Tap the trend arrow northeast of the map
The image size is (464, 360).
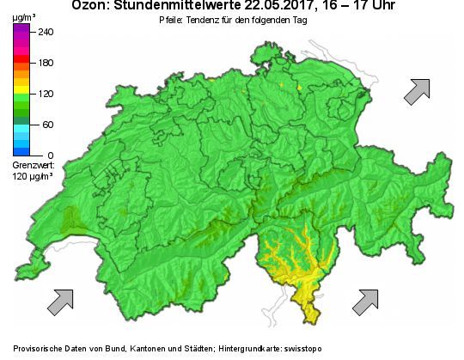click(417, 90)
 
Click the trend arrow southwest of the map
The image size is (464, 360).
click(60, 301)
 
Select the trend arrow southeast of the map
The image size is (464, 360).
click(365, 301)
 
